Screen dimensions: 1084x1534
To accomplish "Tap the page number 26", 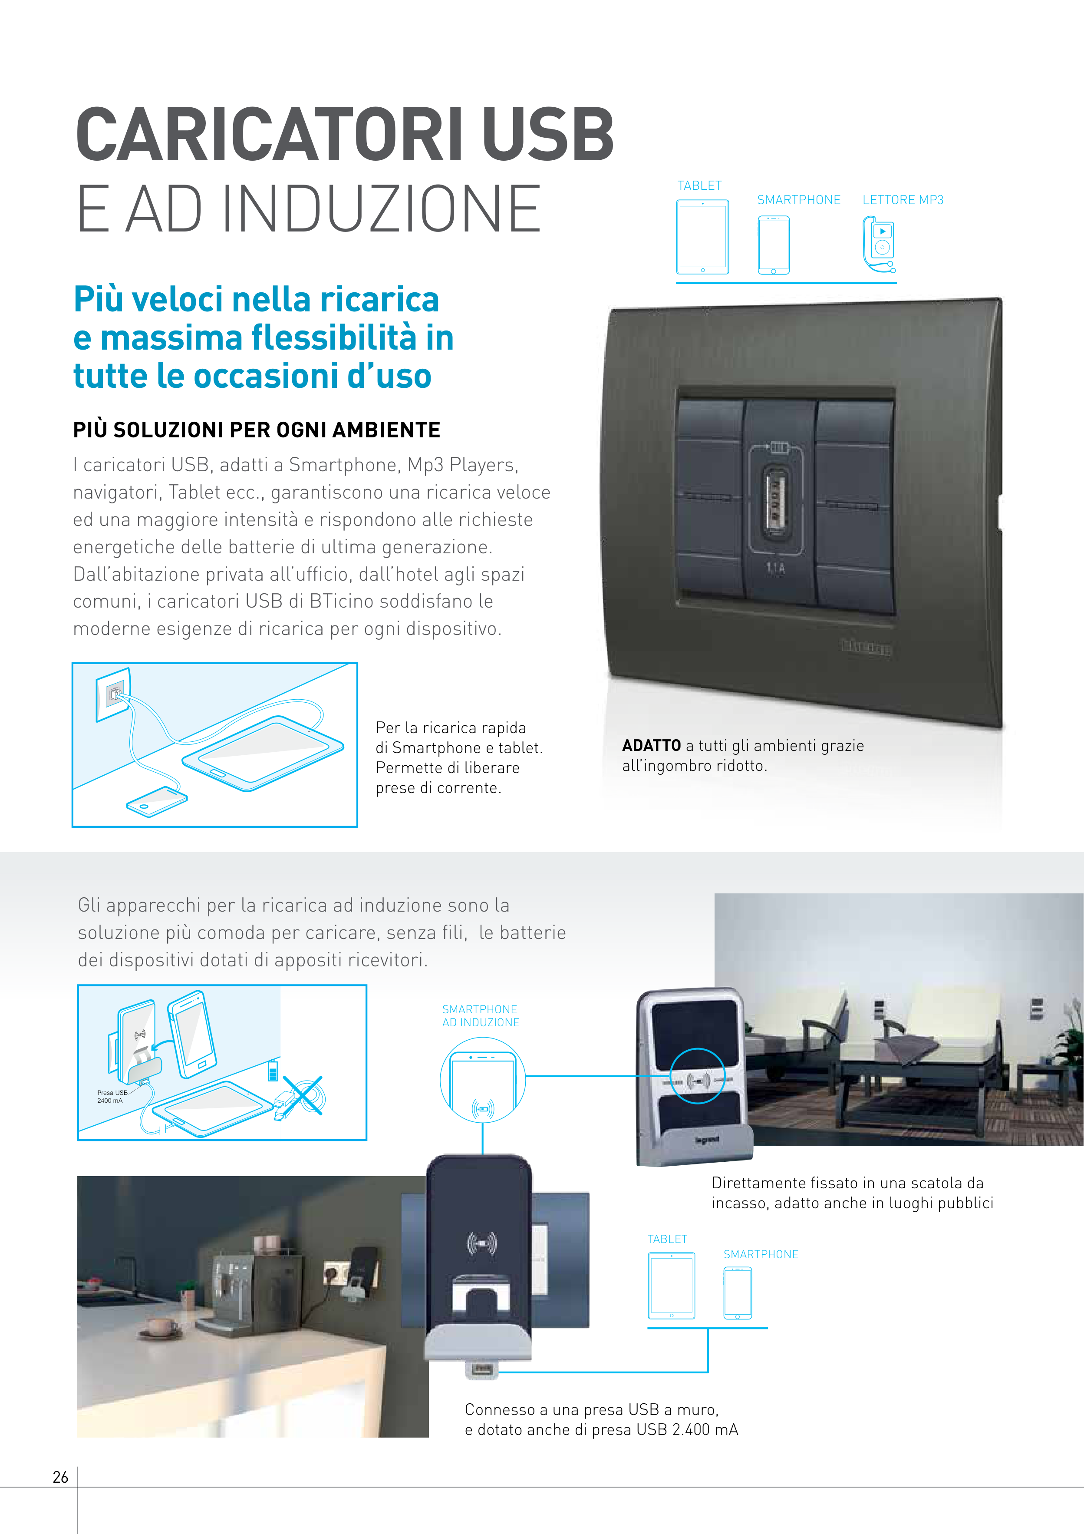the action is point(60,1477).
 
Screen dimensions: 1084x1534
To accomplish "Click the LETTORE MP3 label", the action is point(903,200).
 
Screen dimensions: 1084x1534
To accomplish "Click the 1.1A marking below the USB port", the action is point(775,569).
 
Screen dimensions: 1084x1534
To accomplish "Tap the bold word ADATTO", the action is point(651,746).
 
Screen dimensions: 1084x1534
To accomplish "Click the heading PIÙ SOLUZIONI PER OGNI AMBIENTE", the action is point(257,430).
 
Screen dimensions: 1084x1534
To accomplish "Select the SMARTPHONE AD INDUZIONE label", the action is point(480,1015).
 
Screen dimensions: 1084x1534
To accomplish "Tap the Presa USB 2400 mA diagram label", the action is point(112,1096).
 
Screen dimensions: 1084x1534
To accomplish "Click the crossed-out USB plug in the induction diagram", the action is point(300,1096).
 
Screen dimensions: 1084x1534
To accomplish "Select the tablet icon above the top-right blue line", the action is point(703,237).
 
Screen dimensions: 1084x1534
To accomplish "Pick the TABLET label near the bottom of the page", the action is point(667,1240).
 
